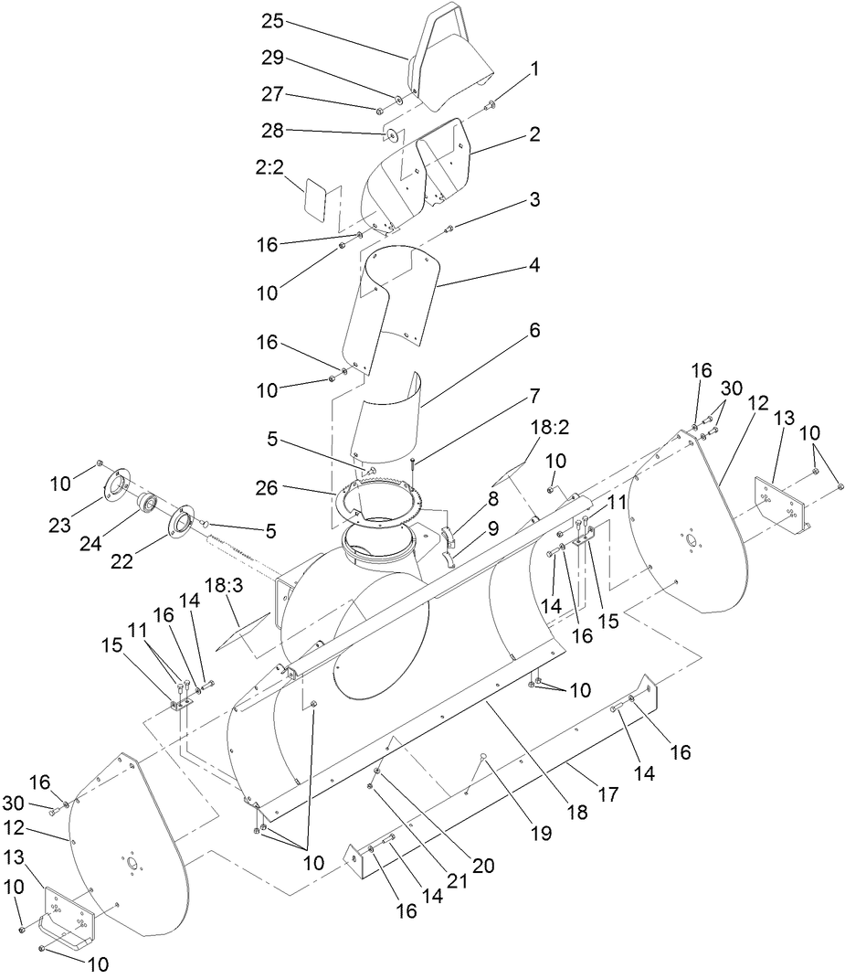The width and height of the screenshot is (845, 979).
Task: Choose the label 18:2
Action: point(549,429)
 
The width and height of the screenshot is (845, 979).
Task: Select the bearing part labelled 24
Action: point(147,504)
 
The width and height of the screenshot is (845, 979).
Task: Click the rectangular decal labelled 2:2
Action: point(318,197)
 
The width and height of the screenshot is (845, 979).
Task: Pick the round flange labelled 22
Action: point(182,521)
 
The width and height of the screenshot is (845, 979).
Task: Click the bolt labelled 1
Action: point(491,104)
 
